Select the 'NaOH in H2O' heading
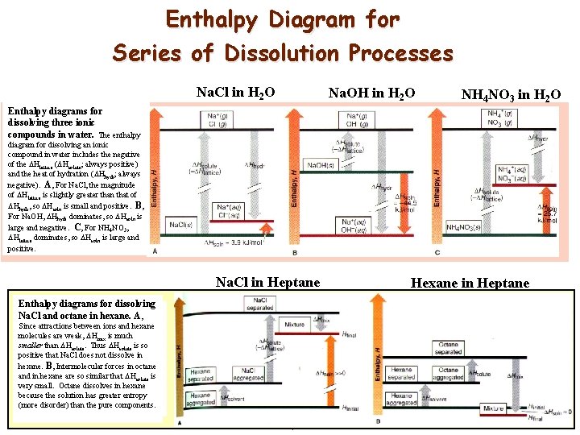point(371,94)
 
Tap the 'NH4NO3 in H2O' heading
point(511,96)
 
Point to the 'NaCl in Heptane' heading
point(268,282)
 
